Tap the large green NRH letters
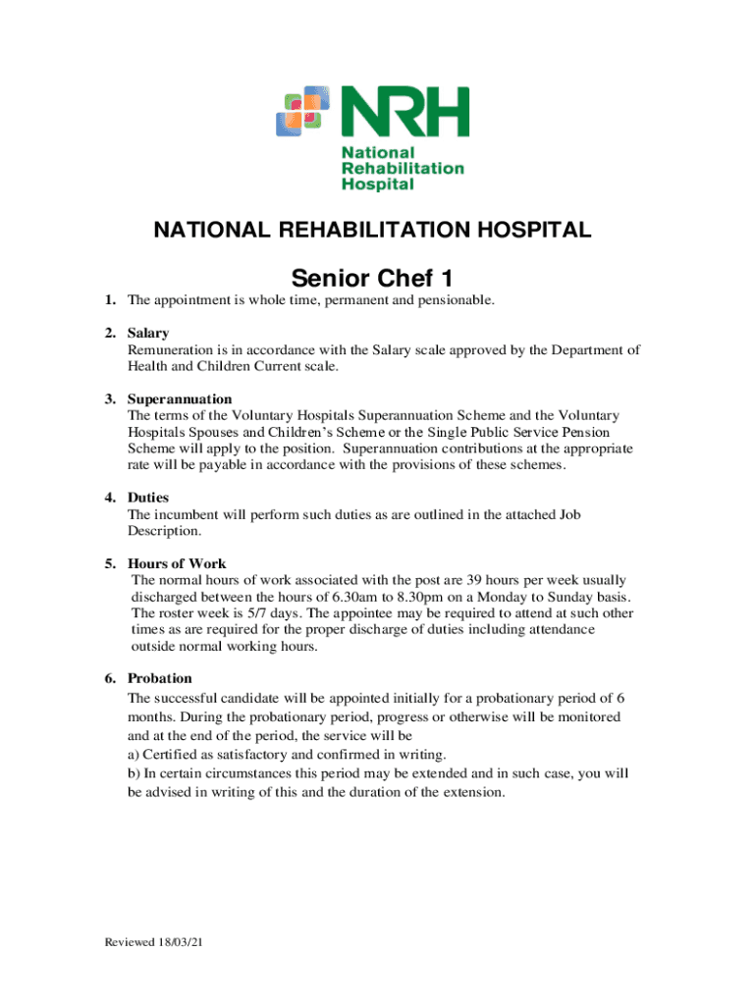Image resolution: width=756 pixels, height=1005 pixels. (405, 112)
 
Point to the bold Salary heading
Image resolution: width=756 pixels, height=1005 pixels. (148, 334)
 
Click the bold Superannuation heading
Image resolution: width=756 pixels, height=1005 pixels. (180, 399)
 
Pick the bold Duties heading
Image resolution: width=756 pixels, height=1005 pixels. (148, 498)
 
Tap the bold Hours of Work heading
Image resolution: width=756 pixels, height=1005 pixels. (177, 564)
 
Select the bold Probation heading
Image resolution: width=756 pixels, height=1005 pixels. (160, 679)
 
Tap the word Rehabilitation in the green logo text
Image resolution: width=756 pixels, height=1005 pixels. (402, 168)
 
